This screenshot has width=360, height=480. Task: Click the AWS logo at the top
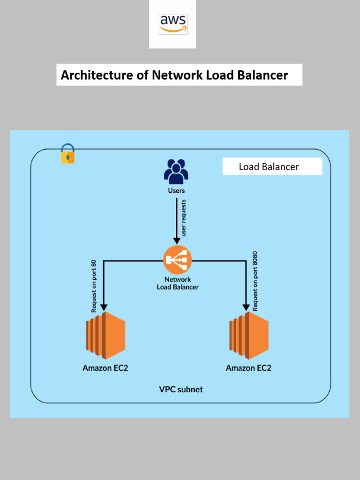tap(173, 23)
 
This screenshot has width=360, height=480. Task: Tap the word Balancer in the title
tap(262, 75)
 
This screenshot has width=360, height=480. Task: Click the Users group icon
tap(176, 172)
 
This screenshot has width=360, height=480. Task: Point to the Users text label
tap(176, 191)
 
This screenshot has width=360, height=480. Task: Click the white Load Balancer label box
tap(272, 166)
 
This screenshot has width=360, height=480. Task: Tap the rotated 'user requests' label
tap(184, 217)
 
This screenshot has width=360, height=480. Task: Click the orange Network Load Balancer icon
tap(177, 260)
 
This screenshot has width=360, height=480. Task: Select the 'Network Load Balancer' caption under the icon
tap(177, 283)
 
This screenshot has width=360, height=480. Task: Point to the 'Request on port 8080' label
tap(255, 281)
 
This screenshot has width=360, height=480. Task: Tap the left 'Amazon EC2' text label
tap(105, 368)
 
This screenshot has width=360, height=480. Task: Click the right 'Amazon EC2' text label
tap(248, 368)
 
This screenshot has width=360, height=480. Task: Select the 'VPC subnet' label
tap(181, 390)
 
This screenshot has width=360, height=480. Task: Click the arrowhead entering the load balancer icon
tap(177, 240)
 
